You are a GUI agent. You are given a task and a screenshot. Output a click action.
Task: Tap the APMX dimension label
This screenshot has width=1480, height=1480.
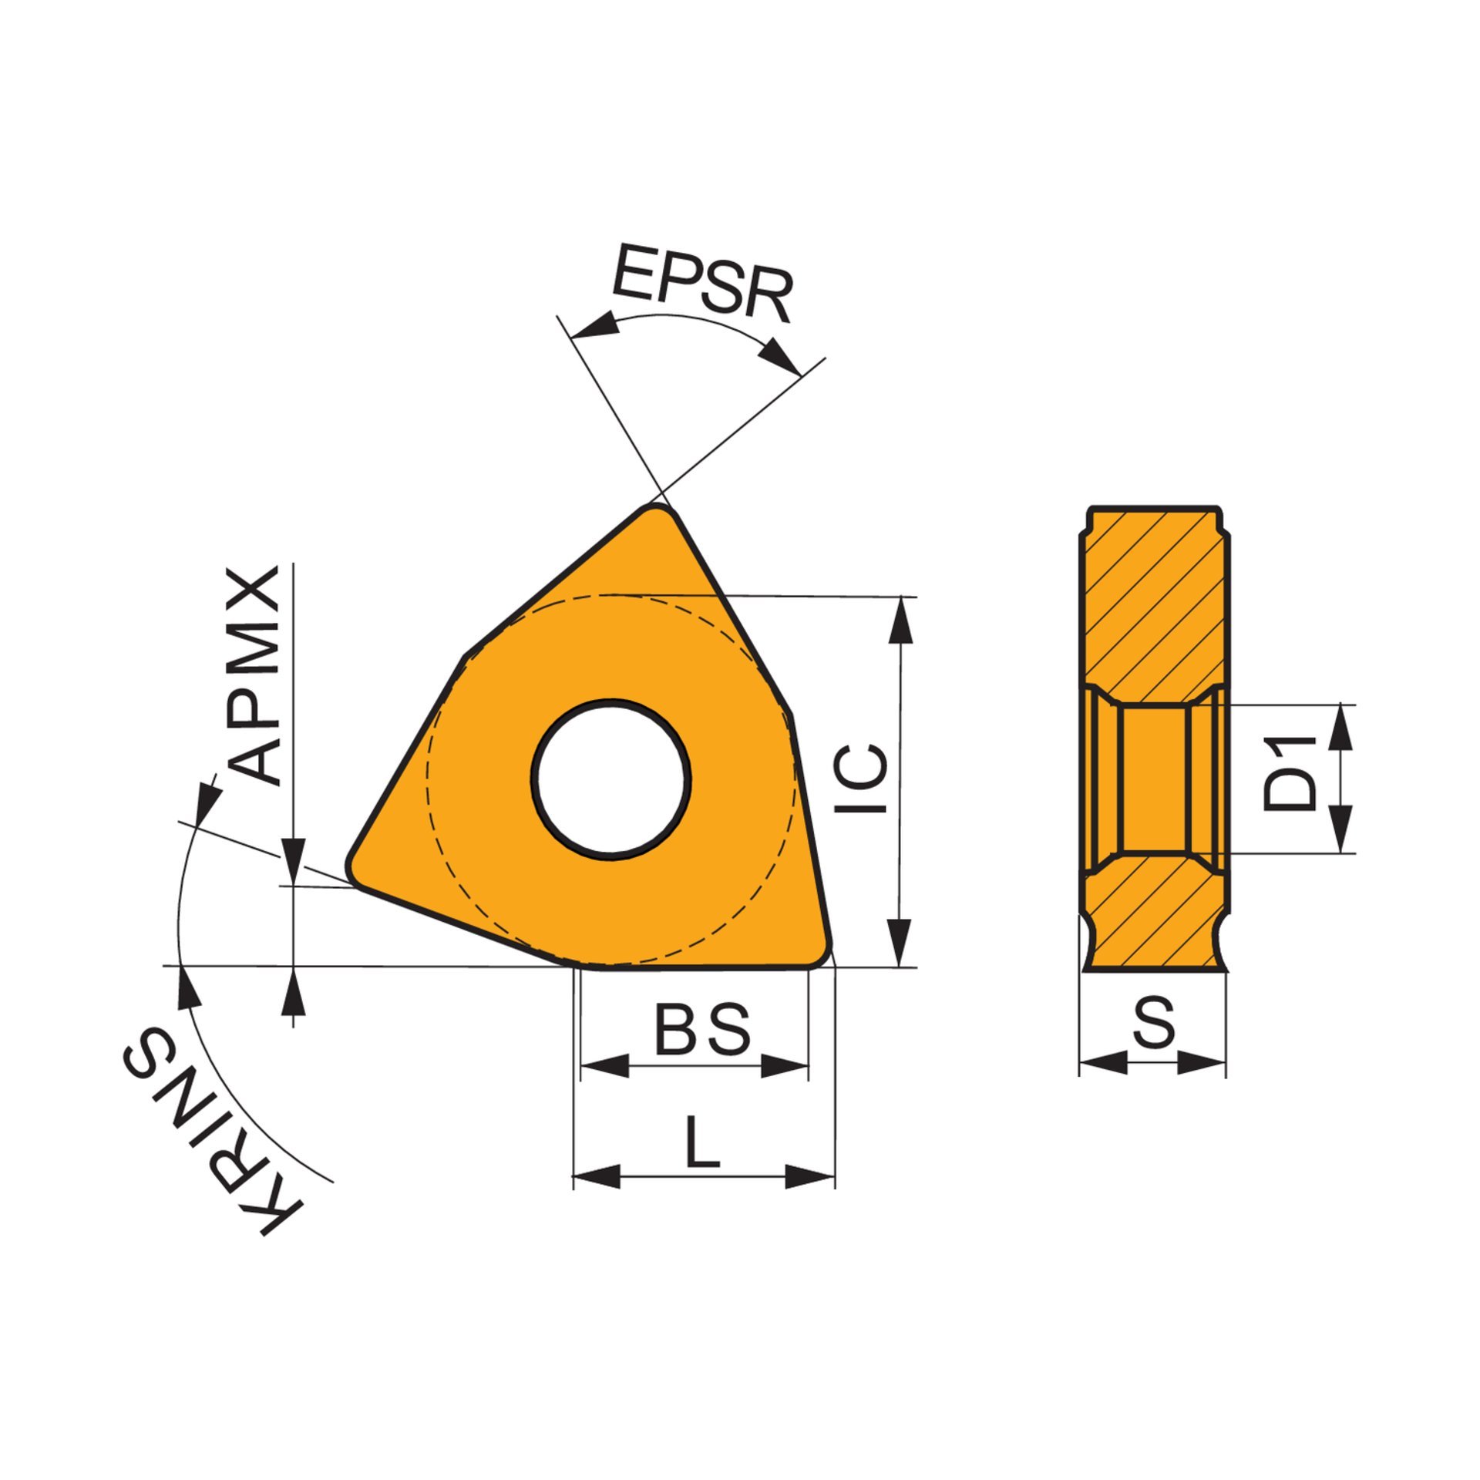(x=255, y=677)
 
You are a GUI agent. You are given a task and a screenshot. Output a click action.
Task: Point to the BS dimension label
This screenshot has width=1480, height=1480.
(x=702, y=1029)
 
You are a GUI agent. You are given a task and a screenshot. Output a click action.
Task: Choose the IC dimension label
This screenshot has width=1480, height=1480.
(x=862, y=779)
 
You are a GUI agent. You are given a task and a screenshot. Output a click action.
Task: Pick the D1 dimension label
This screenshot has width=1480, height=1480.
(x=1288, y=773)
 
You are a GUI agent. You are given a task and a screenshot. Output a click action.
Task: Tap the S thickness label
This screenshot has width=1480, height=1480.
(x=1154, y=1021)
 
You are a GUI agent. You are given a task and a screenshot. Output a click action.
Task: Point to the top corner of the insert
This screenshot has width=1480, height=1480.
(x=656, y=506)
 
